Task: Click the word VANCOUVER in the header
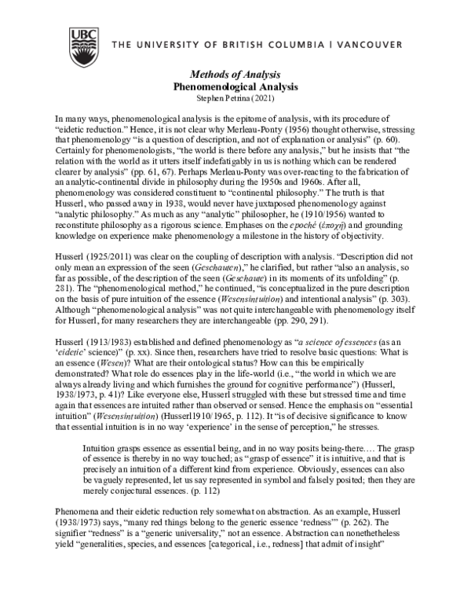pos(403,44)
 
